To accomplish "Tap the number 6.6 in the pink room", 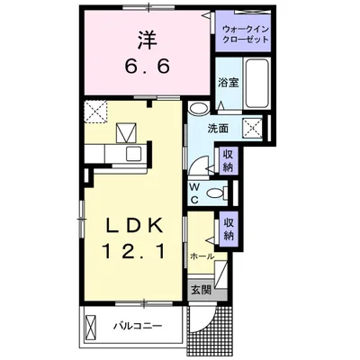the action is (x=148, y=67).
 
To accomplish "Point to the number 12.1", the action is (x=134, y=251).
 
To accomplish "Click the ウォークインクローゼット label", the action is (x=246, y=35).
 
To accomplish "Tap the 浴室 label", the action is (x=229, y=83).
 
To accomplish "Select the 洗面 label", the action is (x=219, y=129).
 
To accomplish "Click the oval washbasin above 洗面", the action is (x=199, y=108).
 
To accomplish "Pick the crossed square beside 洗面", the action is (x=252, y=128).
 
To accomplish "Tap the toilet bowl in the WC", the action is (x=215, y=193).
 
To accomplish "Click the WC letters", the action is (x=194, y=193).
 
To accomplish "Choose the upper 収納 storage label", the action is (x=228, y=160).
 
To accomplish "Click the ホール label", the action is (x=202, y=256).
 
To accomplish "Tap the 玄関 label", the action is (x=202, y=290).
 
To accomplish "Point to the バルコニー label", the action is (x=138, y=326).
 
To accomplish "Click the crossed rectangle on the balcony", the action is (x=90, y=326).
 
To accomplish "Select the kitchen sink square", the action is (x=133, y=154).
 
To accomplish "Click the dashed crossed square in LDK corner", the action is (x=95, y=111).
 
